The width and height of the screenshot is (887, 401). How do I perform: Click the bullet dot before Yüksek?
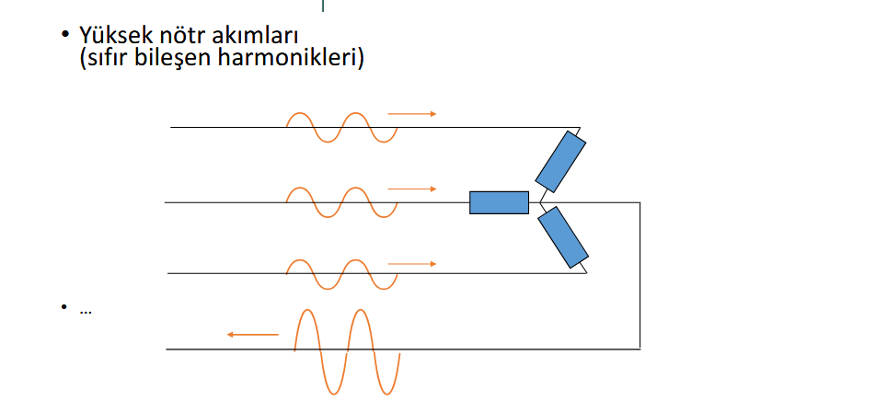64,34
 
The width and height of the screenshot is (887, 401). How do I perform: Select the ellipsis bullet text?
86,311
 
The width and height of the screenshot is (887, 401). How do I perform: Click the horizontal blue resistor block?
499,202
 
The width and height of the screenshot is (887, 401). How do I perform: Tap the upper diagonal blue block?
560,162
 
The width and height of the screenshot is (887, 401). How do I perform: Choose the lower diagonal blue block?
563,237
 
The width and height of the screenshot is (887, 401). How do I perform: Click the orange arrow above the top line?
412,114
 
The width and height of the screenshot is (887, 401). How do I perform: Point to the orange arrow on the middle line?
412,189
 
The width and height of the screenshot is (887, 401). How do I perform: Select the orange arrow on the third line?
412,264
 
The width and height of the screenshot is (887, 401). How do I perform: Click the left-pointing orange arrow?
253,335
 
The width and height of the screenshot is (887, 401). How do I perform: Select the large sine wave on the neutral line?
347,349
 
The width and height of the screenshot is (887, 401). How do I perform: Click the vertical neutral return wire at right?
639,275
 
